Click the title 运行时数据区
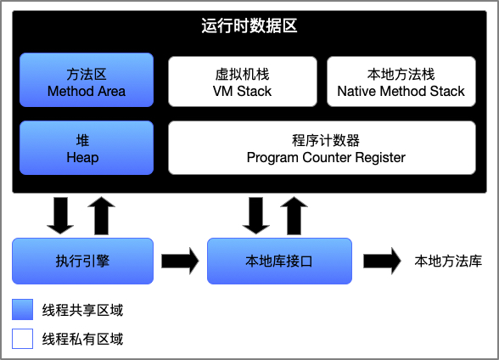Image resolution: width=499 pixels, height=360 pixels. click(x=249, y=25)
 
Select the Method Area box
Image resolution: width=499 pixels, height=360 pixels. click(x=87, y=80)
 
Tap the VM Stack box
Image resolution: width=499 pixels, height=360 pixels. click(x=243, y=82)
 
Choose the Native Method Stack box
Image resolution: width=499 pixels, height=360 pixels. click(x=401, y=82)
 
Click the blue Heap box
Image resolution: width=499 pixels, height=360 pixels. click(x=87, y=148)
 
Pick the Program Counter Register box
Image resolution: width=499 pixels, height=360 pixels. click(x=322, y=148)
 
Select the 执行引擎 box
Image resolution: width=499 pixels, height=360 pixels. click(x=83, y=261)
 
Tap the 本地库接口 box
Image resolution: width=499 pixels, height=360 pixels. click(x=279, y=261)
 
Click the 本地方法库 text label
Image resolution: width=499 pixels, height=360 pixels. click(x=448, y=261)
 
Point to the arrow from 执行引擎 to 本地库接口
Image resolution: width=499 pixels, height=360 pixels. click(x=180, y=261)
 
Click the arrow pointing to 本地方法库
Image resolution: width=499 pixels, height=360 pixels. click(x=382, y=261)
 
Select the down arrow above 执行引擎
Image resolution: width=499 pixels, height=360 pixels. click(x=60, y=216)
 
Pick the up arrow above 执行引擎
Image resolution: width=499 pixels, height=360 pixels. click(x=102, y=216)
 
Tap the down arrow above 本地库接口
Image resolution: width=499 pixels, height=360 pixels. click(x=256, y=216)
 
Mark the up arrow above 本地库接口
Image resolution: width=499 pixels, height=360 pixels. click(x=294, y=216)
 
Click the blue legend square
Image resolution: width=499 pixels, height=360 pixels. click(x=23, y=309)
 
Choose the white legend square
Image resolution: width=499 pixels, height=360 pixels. click(x=23, y=339)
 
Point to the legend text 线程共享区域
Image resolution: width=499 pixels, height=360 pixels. click(x=82, y=310)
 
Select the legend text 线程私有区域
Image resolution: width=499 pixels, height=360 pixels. click(x=82, y=339)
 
